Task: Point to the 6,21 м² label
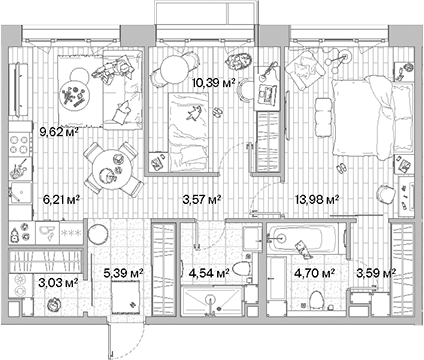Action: click(60, 199)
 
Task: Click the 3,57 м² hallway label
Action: click(200, 199)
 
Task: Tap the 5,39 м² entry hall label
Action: click(126, 270)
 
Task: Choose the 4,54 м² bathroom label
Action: click(209, 270)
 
